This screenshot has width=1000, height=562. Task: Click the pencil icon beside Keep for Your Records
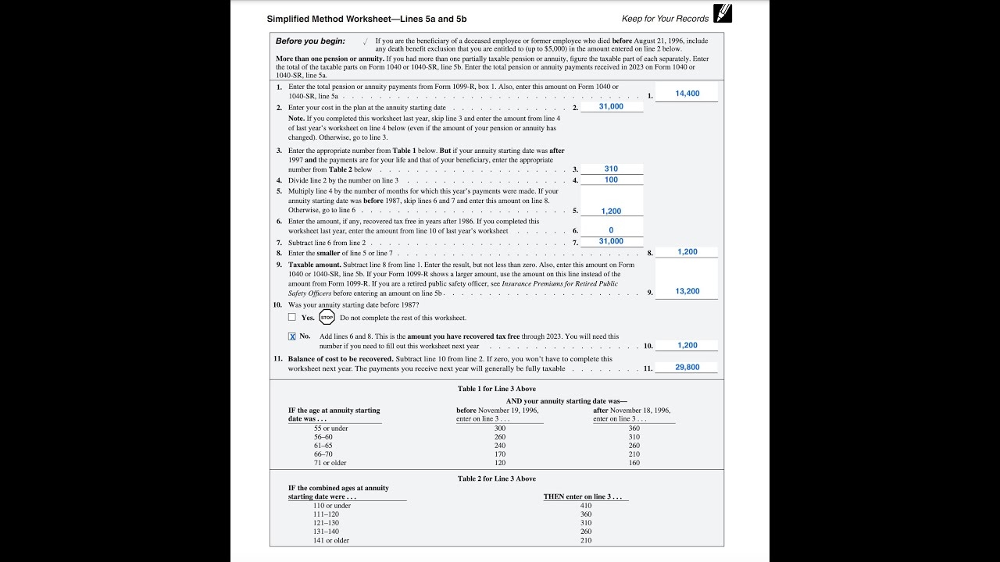(x=723, y=13)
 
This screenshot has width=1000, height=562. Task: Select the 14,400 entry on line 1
(x=687, y=94)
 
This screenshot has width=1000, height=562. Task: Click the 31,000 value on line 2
(x=611, y=107)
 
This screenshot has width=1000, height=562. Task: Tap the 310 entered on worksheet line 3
(x=611, y=169)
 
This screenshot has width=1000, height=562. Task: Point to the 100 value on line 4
(x=611, y=180)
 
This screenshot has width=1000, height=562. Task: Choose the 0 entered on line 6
(x=611, y=230)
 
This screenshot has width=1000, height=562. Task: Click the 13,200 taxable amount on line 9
(x=687, y=291)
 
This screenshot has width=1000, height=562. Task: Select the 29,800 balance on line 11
(x=687, y=367)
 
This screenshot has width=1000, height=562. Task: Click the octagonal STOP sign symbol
(x=327, y=318)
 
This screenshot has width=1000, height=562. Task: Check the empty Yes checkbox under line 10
(x=292, y=318)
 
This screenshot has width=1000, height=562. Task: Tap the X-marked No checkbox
(x=292, y=336)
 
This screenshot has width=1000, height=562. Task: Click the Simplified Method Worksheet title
(x=366, y=19)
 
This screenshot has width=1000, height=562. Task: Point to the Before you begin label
(x=310, y=41)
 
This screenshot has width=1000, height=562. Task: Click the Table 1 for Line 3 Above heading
(x=497, y=389)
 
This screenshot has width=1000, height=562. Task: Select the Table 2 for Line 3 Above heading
(x=497, y=478)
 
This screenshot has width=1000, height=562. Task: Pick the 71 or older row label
(x=330, y=463)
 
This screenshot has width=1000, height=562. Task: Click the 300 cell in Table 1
(x=499, y=428)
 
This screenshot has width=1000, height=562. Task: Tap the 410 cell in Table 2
(x=586, y=506)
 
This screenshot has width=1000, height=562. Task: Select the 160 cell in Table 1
(x=634, y=463)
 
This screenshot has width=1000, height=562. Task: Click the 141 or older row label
(x=331, y=540)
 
